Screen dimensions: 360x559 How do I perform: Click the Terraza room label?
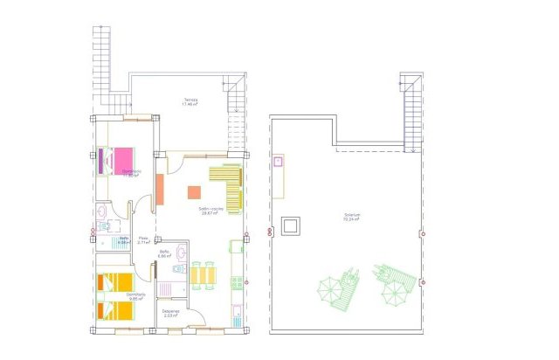[x=190, y=101]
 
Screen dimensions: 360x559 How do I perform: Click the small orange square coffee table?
[x=194, y=192]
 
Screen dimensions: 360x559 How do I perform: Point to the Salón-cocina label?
[x=210, y=211]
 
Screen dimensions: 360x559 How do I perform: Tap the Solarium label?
[x=352, y=218]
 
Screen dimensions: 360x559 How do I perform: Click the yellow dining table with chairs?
[x=202, y=274]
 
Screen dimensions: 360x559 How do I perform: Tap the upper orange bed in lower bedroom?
[x=117, y=281]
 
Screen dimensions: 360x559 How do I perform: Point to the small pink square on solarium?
[x=279, y=162]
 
